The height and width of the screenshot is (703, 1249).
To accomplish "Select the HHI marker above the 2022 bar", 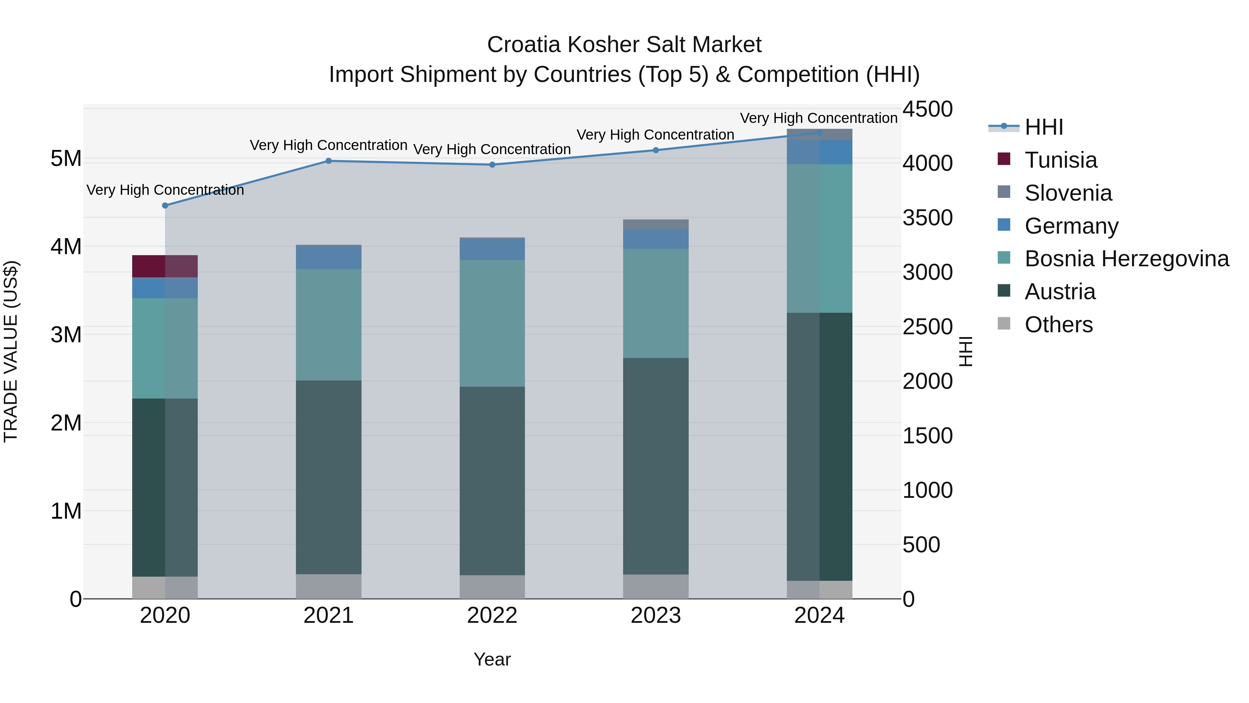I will tap(492, 165).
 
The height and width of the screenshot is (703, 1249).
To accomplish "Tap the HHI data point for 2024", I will tap(819, 133).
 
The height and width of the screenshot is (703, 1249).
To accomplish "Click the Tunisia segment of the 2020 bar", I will tap(164, 266).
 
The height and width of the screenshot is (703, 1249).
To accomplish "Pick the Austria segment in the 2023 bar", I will tap(655, 466).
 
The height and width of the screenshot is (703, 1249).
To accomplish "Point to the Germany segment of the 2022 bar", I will tap(492, 249).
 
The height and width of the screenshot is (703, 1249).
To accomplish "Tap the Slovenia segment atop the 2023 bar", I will tap(655, 225).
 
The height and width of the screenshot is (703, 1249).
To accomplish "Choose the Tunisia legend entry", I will tap(1060, 160).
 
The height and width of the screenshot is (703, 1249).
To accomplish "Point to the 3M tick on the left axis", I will tap(66, 335).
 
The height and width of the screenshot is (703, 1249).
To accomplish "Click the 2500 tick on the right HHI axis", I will tap(927, 327).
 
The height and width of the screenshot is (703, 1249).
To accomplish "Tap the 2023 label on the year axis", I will tap(655, 616).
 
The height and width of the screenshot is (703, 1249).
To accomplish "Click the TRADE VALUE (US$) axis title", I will tap(11, 351).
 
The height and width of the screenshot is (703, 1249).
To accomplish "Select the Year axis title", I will tap(492, 659).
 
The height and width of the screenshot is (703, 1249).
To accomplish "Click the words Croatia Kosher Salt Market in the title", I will tap(624, 45).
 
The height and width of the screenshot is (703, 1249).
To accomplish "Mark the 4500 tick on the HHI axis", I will tap(927, 109).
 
